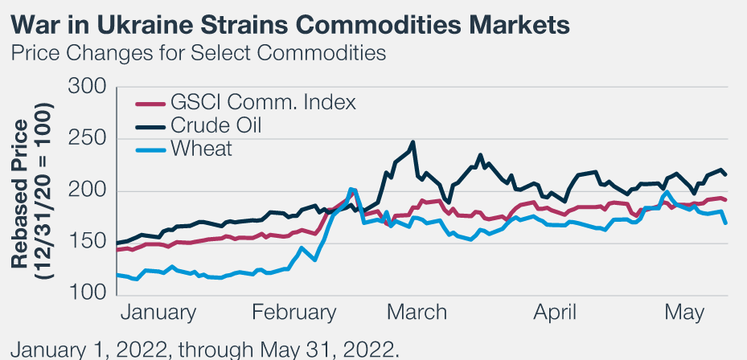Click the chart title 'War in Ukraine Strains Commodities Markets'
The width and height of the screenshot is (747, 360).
click(x=290, y=25)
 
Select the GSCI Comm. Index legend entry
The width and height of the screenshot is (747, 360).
click(x=262, y=103)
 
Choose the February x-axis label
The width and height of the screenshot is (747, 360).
click(x=293, y=313)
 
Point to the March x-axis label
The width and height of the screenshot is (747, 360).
click(x=416, y=313)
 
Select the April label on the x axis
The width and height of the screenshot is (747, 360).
click(x=555, y=313)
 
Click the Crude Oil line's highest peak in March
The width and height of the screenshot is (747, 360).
click(x=412, y=143)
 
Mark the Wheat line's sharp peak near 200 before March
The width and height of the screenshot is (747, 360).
click(x=352, y=190)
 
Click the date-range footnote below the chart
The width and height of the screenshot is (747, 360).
click(x=204, y=349)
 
